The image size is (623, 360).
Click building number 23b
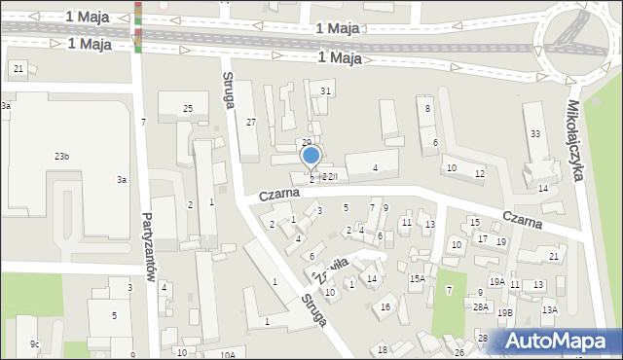click(61, 157)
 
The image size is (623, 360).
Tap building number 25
click(187, 108)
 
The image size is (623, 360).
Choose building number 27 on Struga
click(250, 122)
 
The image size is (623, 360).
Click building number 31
click(326, 91)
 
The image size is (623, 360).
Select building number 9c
click(35, 343)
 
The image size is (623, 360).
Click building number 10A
click(227, 354)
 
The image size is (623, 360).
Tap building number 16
click(385, 307)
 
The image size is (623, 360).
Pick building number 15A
click(417, 279)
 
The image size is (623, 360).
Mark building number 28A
click(480, 307)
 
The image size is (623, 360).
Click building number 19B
click(504, 313)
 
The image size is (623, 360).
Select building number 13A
click(550, 309)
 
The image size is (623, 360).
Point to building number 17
click(482, 238)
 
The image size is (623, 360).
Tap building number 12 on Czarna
click(479, 173)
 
